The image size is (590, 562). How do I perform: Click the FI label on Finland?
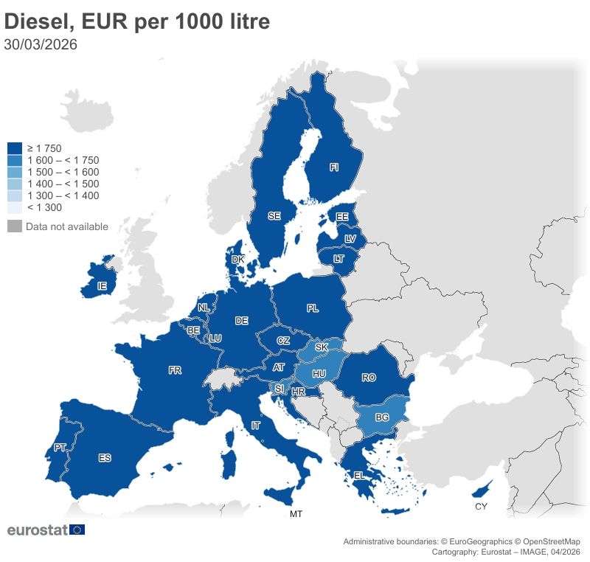pos(333,168)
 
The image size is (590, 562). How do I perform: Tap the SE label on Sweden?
pos(274,216)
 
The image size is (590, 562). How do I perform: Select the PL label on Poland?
pos(313,308)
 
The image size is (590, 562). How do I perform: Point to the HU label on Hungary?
pos(319,374)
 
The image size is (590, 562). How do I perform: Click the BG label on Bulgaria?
pos(382,417)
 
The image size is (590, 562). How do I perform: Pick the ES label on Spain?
pos(105,458)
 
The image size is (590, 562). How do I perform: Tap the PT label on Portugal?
pos(60,448)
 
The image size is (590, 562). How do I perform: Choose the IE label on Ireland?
pos(103,285)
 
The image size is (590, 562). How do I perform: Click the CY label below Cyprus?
pos(481,507)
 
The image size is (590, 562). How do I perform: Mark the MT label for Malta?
pos(296,513)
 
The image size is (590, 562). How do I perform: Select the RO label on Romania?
pos(369,378)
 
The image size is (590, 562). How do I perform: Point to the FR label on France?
pos(175,370)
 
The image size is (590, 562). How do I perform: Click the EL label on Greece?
pos(359,476)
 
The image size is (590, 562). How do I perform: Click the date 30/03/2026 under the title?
pos(41,44)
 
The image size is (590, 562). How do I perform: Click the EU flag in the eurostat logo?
pos(77,530)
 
